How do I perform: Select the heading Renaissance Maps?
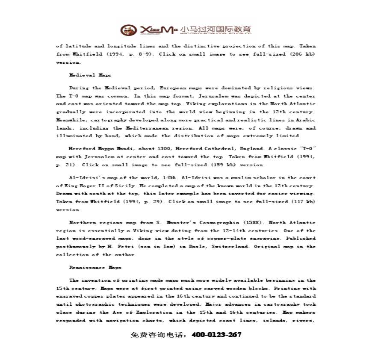coord(95,268)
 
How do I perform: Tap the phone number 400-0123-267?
coord(217,335)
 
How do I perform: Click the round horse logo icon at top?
coord(127,30)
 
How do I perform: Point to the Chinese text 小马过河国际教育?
coord(216,29)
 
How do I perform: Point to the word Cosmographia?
coord(222,223)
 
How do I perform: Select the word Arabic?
coord(306,120)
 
